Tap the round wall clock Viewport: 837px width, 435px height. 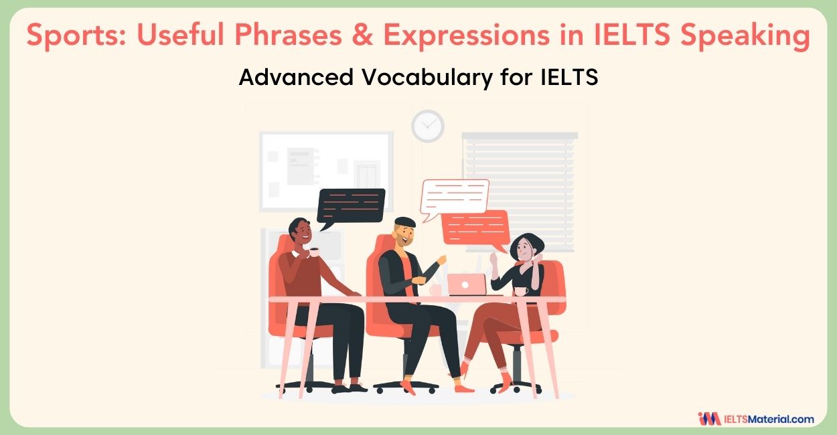[x=427, y=126]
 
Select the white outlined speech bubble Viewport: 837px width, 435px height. [x=455, y=195]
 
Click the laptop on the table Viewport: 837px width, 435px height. [x=466, y=284]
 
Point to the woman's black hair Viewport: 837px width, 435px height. [x=529, y=245]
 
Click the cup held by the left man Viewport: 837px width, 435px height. [x=313, y=252]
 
